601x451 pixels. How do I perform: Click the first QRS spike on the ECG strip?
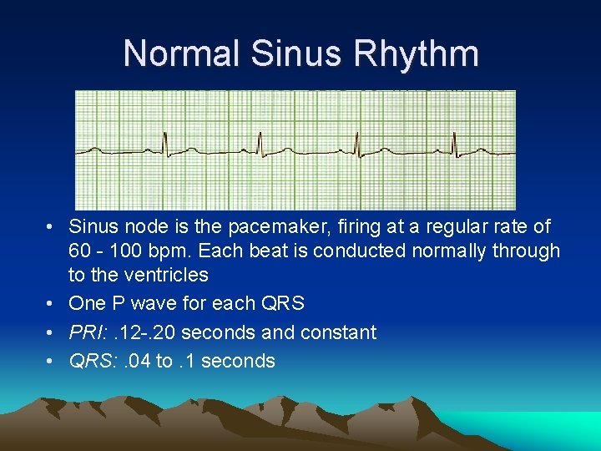[x=164, y=143]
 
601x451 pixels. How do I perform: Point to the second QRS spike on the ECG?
[x=260, y=143]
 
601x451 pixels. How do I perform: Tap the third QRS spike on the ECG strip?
[x=357, y=143]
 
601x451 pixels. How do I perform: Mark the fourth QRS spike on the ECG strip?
[x=454, y=143]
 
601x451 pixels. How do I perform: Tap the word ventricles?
[x=164, y=275]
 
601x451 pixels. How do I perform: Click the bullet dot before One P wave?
[x=52, y=304]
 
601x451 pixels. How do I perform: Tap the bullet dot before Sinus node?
[x=52, y=227]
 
